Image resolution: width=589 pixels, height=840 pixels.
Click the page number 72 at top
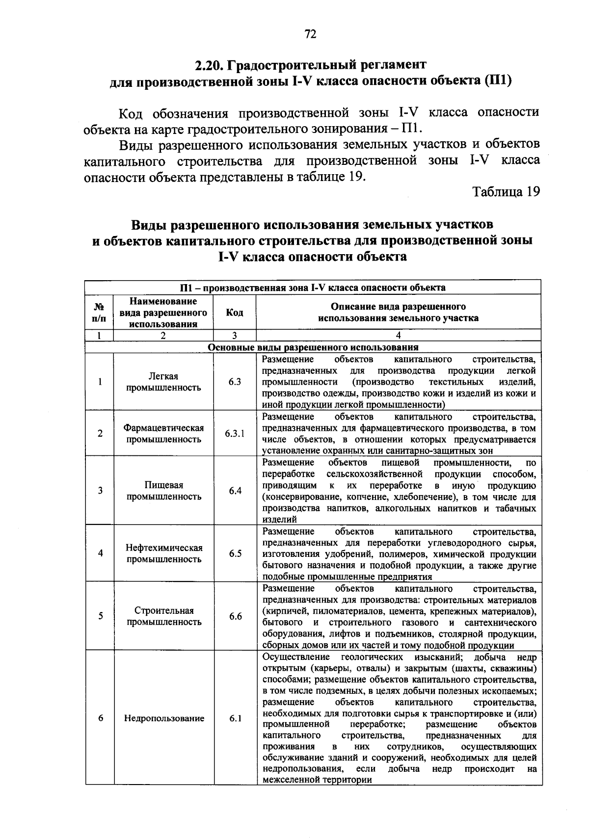coord(310,34)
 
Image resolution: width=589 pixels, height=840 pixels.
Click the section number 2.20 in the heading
coord(211,65)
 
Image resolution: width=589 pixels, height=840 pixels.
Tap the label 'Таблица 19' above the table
coord(506,192)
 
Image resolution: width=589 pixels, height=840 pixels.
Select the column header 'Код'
coord(234,313)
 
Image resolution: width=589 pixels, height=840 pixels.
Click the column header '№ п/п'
coord(99,313)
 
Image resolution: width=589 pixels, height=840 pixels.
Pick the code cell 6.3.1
coord(235,434)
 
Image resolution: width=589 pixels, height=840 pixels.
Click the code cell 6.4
coord(235,491)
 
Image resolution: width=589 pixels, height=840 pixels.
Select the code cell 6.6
coord(235,616)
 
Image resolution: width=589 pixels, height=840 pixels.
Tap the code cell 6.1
coord(235,718)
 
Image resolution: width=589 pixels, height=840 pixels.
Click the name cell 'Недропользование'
coord(164,718)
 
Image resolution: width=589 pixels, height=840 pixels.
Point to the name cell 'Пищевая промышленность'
coord(164,491)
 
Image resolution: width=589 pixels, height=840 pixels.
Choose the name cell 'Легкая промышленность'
coord(163,382)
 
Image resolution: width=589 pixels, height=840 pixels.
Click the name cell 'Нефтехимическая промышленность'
coord(164,553)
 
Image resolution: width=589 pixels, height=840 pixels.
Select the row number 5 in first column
coord(100,616)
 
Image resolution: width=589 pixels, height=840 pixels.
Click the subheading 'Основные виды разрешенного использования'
coord(313,347)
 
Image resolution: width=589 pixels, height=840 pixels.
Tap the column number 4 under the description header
coord(398,336)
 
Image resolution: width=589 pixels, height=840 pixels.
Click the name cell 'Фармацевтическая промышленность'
coord(164,434)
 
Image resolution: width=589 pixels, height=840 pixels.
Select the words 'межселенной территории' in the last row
coord(317,780)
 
